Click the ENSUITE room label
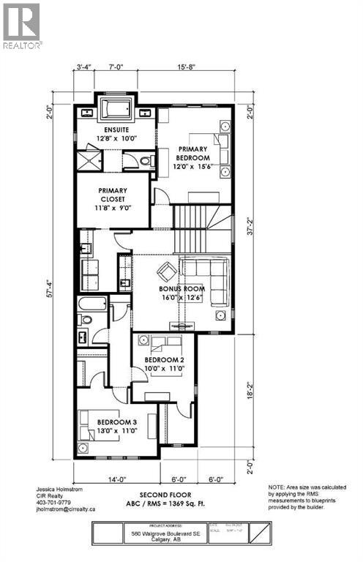[x=115, y=130]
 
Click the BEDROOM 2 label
[x=163, y=360]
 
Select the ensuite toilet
[x=146, y=160]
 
